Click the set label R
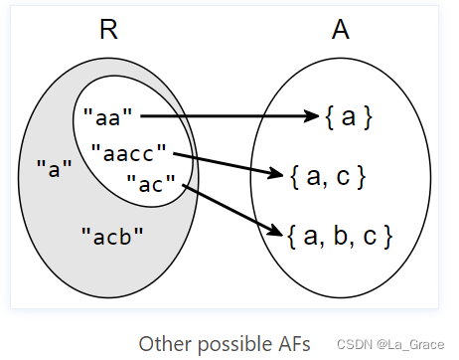tap(108, 30)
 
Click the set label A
tap(340, 30)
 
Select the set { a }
tap(348, 117)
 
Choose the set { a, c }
tap(328, 178)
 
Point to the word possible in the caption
tap(232, 343)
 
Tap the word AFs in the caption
tap(293, 343)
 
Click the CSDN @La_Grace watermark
tap(388, 345)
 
